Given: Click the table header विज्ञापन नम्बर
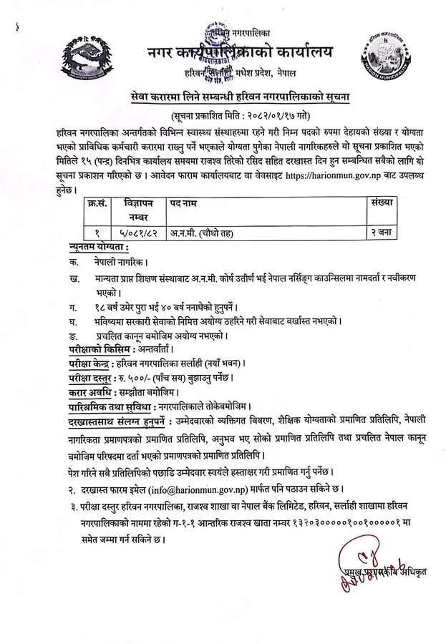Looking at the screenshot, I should coord(137,208).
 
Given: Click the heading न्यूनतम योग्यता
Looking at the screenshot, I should coord(94,248).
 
